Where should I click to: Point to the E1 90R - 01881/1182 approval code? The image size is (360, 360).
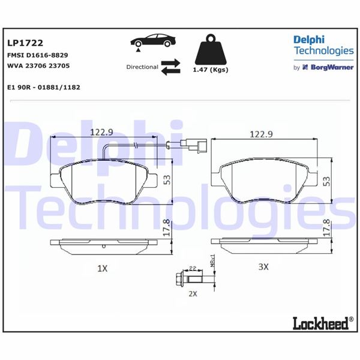[43, 87]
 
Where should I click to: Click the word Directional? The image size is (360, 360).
[142, 67]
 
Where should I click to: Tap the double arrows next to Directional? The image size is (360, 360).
[170, 67]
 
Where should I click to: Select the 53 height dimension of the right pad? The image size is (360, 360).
[327, 179]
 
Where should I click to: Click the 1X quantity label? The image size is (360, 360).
[101, 269]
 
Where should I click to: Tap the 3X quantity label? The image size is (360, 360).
[263, 267]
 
